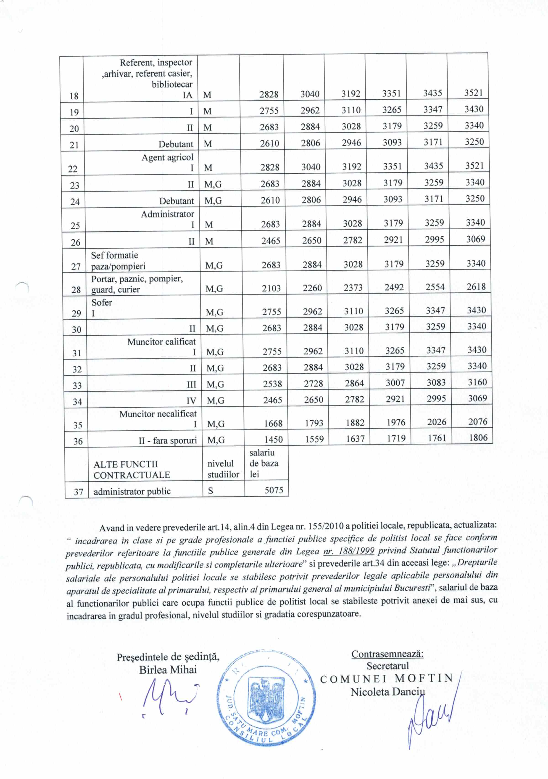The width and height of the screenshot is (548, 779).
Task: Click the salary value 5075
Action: (274, 490)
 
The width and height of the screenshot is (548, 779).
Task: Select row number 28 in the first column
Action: (76, 289)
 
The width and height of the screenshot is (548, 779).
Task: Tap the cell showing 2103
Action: (271, 288)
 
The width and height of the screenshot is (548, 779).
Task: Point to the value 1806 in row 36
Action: (478, 438)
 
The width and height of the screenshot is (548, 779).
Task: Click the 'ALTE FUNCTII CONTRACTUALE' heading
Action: (132, 469)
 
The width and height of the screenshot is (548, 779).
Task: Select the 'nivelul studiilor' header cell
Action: (223, 469)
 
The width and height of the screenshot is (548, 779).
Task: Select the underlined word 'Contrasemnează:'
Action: (387, 654)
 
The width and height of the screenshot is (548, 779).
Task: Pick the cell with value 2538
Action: (272, 384)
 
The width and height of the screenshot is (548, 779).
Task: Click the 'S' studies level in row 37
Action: (211, 491)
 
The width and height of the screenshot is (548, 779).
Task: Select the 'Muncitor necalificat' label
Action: (158, 413)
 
